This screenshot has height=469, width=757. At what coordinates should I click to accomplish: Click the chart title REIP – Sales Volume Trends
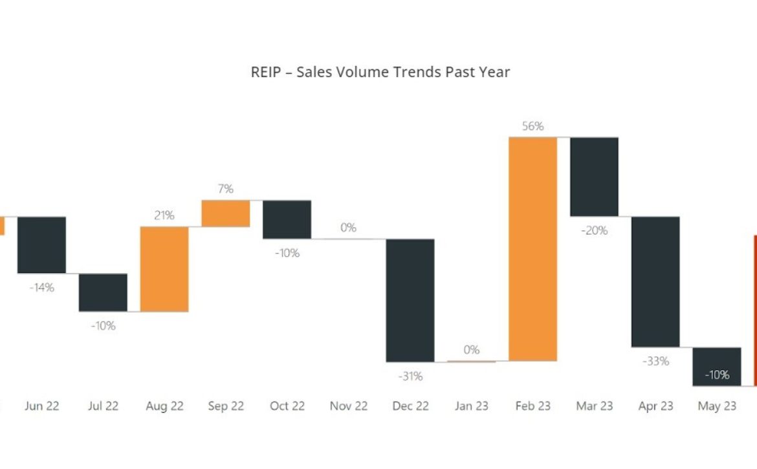pyautogui.click(x=380, y=72)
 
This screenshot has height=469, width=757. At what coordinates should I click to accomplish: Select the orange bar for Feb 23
pyautogui.click(x=532, y=249)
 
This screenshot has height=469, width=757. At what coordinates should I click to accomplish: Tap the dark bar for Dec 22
pyautogui.click(x=410, y=300)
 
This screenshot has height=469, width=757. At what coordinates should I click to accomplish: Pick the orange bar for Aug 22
pyautogui.click(x=164, y=269)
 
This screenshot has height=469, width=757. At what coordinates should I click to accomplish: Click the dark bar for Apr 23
pyautogui.click(x=655, y=281)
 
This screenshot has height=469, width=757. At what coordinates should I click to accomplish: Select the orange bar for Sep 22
pyautogui.click(x=226, y=213)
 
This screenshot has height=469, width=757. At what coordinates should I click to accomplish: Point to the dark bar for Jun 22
pyautogui.click(x=41, y=245)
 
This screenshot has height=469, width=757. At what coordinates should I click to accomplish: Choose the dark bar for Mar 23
pyautogui.click(x=594, y=177)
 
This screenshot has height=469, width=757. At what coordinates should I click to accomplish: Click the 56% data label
pyautogui.click(x=532, y=127)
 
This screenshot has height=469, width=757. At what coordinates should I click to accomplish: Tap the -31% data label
pyautogui.click(x=410, y=376)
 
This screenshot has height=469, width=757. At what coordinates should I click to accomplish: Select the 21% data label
pyautogui.click(x=164, y=215)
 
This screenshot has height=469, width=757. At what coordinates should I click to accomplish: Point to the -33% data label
pyautogui.click(x=655, y=362)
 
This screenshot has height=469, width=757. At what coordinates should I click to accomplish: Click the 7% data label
pyautogui.click(x=226, y=189)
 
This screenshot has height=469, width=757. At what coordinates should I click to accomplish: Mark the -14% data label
pyautogui.click(x=41, y=288)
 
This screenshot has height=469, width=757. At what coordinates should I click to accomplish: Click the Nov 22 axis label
pyautogui.click(x=348, y=406)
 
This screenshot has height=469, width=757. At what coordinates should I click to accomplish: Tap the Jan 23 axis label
pyautogui.click(x=471, y=406)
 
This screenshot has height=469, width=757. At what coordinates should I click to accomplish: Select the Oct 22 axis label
pyautogui.click(x=287, y=406)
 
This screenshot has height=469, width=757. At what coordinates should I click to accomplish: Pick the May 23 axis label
pyautogui.click(x=717, y=406)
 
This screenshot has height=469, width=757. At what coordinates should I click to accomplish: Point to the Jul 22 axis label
pyautogui.click(x=103, y=406)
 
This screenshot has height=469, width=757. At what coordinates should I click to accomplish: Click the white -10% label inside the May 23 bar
pyautogui.click(x=717, y=375)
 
